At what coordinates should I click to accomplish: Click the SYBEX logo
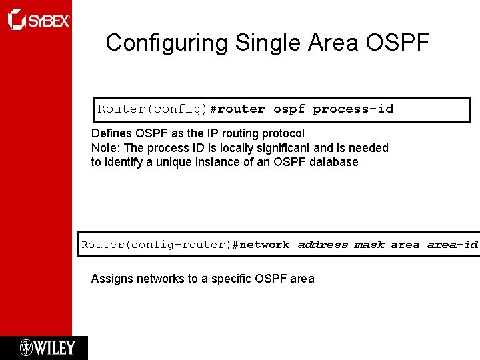[x=38, y=20]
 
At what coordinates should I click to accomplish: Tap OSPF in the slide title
[x=397, y=43]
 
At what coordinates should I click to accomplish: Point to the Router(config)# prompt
[x=157, y=109]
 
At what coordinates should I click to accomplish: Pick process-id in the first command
[x=353, y=109]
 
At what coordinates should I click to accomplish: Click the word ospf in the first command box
[x=290, y=109]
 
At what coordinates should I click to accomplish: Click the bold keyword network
[x=265, y=245]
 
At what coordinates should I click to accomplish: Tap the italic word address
[x=323, y=245]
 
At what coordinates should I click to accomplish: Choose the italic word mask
[x=369, y=245]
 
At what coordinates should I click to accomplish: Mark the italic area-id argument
[x=452, y=245]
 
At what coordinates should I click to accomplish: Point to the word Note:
[x=104, y=147]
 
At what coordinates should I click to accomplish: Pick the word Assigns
[x=112, y=279]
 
